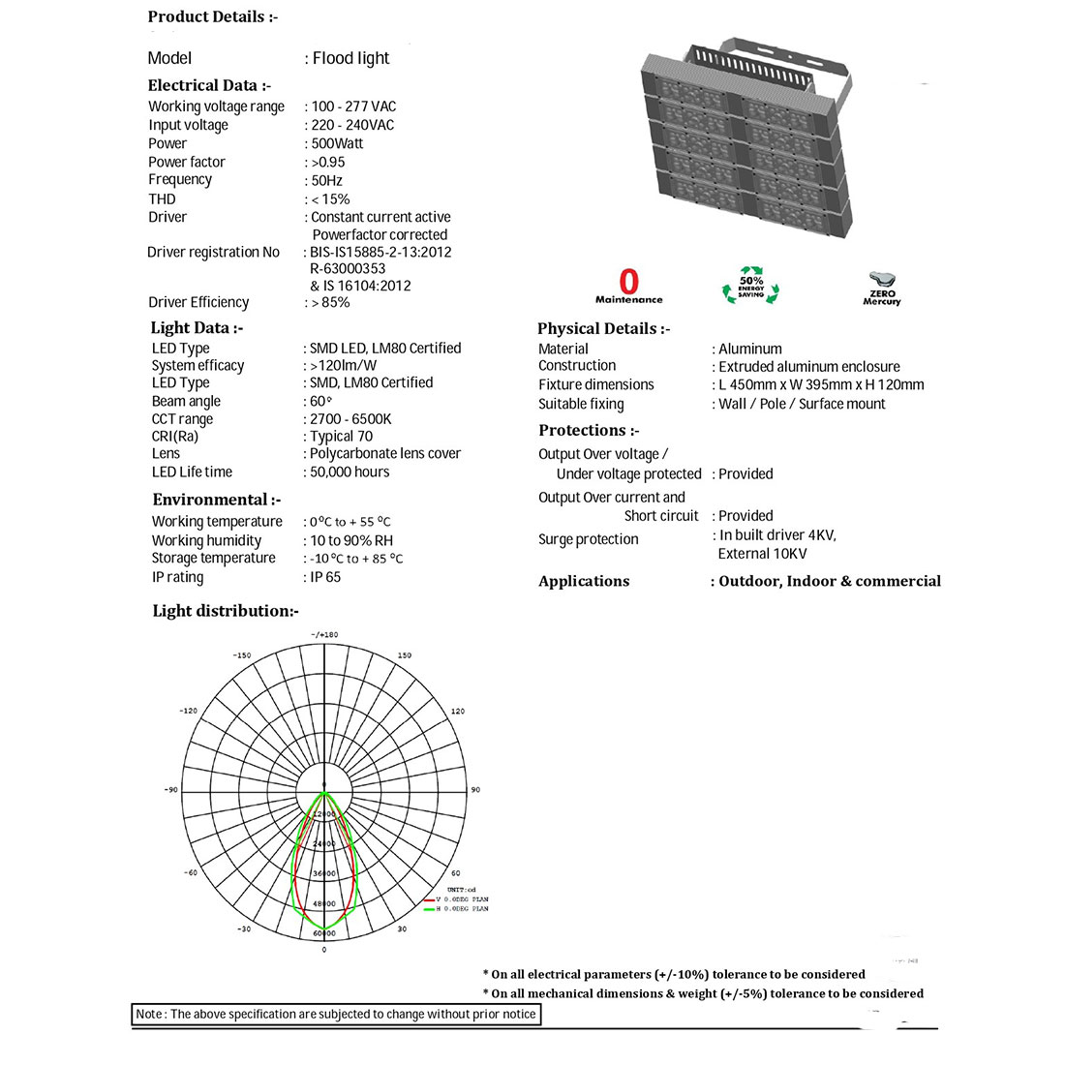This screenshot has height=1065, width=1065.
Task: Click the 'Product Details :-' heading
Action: tap(213, 16)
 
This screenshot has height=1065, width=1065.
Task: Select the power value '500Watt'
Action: tap(337, 143)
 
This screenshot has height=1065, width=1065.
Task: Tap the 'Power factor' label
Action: tap(187, 162)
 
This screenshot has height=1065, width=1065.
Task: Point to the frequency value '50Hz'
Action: tap(326, 180)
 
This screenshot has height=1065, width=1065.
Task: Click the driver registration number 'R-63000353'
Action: tap(348, 268)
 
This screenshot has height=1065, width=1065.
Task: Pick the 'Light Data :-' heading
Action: tap(197, 327)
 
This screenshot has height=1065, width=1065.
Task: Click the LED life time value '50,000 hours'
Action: tap(350, 472)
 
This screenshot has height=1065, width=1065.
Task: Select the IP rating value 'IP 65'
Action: tap(325, 577)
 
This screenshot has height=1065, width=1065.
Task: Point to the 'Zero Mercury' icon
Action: tap(881, 288)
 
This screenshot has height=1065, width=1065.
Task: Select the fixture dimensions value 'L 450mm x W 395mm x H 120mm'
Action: tap(821, 384)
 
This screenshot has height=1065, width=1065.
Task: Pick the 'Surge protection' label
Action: tap(589, 539)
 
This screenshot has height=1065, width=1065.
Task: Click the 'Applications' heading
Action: tap(584, 581)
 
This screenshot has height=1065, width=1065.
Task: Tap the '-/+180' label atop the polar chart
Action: tap(324, 635)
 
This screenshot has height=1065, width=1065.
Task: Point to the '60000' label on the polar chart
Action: tap(324, 933)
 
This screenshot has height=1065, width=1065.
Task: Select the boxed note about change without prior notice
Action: tap(335, 1014)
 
